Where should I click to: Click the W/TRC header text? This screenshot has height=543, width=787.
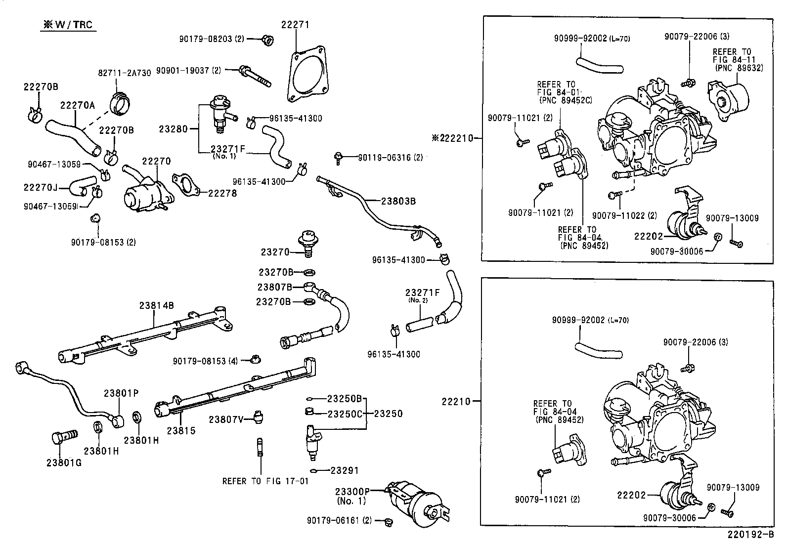coord(68,25)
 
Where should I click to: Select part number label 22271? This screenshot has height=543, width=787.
coord(296,25)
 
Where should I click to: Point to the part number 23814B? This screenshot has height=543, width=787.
coord(156,305)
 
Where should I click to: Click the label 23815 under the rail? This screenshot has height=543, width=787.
coord(181,430)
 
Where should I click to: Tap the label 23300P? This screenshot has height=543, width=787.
coord(352,491)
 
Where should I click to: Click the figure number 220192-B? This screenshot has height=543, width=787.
coord(750,535)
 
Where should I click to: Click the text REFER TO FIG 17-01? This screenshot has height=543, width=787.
coord(265,481)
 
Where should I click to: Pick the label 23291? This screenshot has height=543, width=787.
coord(345,470)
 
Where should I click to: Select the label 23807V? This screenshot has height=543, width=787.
coord(226,419)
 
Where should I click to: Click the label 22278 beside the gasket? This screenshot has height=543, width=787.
coord(222,193)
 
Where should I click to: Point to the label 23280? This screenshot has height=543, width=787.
coord(173,129)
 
